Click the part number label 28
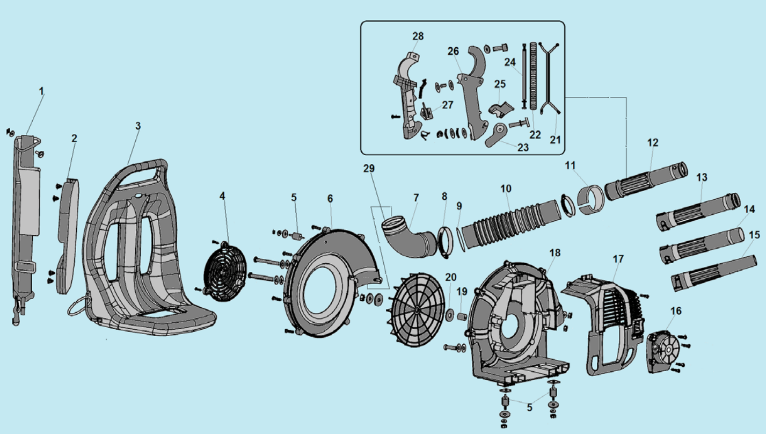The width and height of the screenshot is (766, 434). click(418, 36)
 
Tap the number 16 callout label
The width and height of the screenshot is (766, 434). click(676, 311)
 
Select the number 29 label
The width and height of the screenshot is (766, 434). click(369, 169)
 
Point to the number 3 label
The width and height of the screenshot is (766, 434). click(138, 126)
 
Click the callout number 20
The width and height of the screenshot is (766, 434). click(451, 277)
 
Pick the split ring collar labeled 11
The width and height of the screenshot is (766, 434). click(590, 200)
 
